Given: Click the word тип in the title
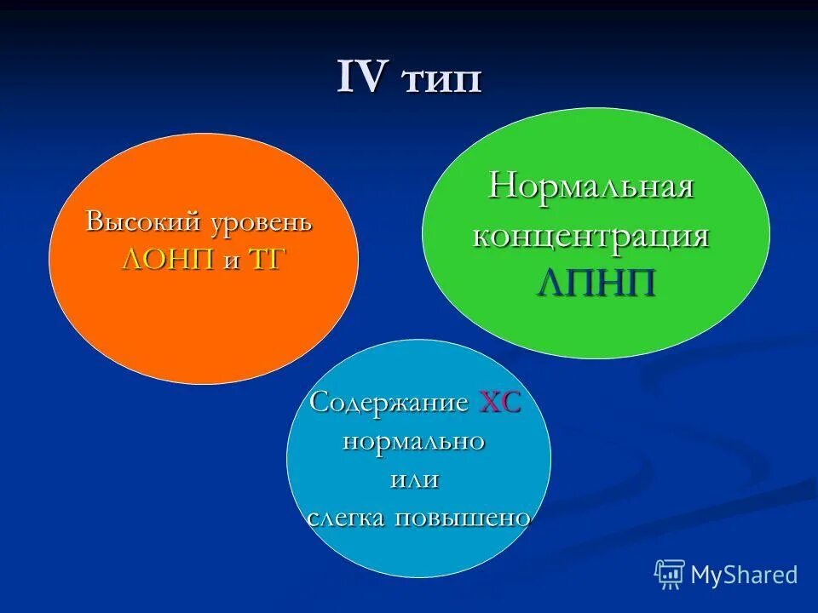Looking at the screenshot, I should (x=442, y=81).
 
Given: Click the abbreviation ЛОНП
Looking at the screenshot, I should (x=169, y=260).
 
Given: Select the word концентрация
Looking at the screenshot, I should (x=591, y=236).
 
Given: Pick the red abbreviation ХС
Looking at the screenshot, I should (x=500, y=402).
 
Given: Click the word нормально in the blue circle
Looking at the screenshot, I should (x=414, y=441).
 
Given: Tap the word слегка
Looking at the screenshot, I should (x=347, y=518).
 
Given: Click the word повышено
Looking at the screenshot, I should (x=464, y=518).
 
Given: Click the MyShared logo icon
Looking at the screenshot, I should (x=670, y=575).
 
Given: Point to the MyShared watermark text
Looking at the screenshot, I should (x=744, y=575).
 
